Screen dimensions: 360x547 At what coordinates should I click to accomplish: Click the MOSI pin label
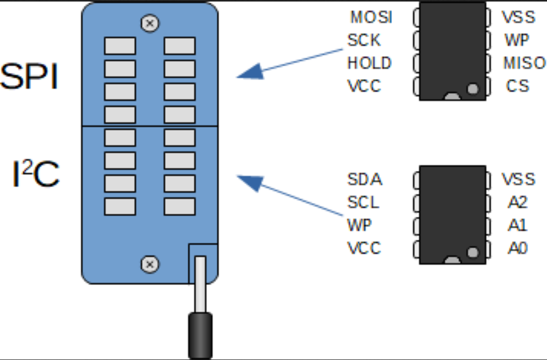coord(371,17)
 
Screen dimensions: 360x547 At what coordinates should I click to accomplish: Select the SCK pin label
coord(364,40)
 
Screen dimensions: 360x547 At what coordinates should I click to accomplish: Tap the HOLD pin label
coord(370,63)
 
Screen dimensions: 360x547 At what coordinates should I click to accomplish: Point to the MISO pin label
coord(524,63)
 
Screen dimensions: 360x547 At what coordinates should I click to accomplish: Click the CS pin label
coord(517,86)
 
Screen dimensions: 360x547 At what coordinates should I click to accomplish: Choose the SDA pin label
coord(365,179)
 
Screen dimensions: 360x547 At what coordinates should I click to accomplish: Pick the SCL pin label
coord(363,202)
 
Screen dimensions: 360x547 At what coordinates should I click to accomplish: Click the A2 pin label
coord(517,202)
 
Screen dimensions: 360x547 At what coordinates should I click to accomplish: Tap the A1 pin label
coord(517,225)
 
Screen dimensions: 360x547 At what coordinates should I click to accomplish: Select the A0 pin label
coord(517,248)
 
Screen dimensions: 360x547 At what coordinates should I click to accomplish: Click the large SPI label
coord(30,78)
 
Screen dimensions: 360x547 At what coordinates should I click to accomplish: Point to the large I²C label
coord(36,174)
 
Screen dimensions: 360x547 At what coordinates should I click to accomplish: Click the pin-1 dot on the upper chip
coord(473,89)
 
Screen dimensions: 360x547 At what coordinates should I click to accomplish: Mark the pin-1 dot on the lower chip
coord(473,252)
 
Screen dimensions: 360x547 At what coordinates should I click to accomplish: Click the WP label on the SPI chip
coord(517,40)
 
